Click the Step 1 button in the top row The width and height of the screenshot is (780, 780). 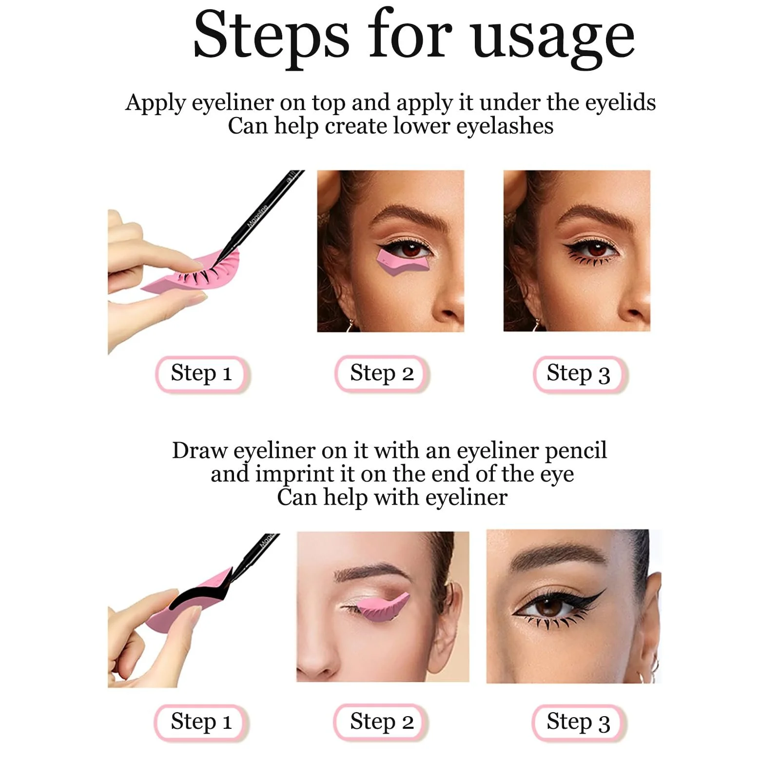pyautogui.click(x=201, y=373)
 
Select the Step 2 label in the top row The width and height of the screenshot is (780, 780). pyautogui.click(x=382, y=373)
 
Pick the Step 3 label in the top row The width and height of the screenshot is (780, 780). pyautogui.click(x=579, y=374)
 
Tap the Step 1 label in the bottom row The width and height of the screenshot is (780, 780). pyautogui.click(x=201, y=722)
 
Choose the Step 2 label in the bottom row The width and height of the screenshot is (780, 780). pyautogui.click(x=381, y=722)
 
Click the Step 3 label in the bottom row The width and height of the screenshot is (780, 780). pyautogui.click(x=578, y=722)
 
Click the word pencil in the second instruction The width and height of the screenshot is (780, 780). pyautogui.click(x=576, y=451)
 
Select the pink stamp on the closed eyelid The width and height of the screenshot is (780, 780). pyautogui.click(x=382, y=608)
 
